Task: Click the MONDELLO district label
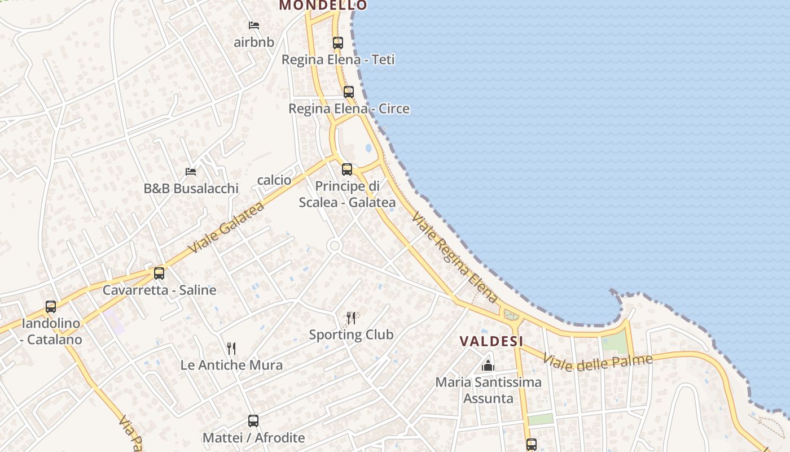[323, 5]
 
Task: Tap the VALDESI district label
[491, 341]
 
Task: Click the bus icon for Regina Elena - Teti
[337, 42]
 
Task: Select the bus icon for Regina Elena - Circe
[349, 92]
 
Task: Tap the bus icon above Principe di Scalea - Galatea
[347, 169]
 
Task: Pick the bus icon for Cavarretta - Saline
[159, 273]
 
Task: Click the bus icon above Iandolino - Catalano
[51, 307]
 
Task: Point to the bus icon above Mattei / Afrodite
[253, 421]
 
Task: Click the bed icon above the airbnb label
[254, 25]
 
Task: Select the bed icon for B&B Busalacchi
[191, 171]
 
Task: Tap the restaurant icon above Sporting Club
[351, 318]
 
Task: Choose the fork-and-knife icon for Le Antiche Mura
[231, 348]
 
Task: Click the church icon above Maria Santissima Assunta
[488, 366]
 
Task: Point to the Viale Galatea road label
[226, 228]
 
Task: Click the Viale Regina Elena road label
[455, 258]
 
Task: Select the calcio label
[274, 180]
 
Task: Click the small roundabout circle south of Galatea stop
[334, 246]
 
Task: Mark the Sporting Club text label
[351, 334]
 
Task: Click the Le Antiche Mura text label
[231, 365]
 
